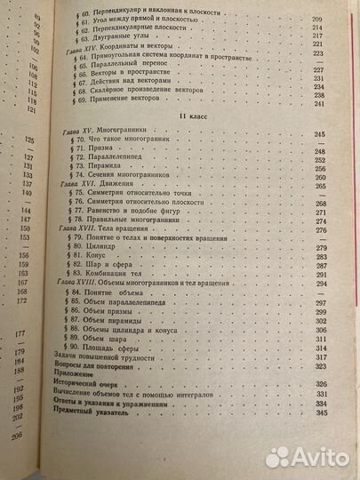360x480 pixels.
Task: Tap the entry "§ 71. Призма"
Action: pyautogui.click(x=103, y=152)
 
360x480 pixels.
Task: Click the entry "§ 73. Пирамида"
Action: pyautogui.click(x=108, y=172)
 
